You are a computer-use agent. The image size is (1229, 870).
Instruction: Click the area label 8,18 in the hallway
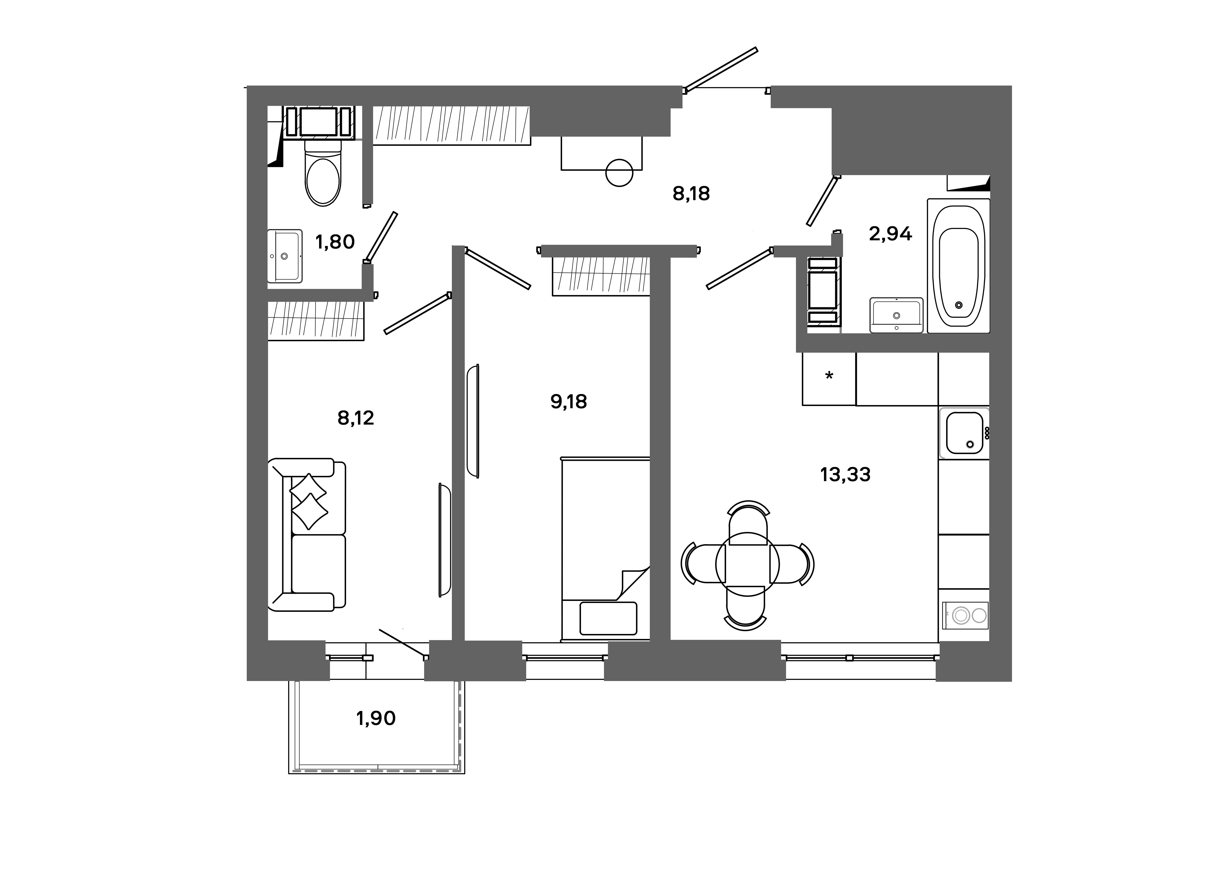(691, 193)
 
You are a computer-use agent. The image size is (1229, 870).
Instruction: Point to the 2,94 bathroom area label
(890, 234)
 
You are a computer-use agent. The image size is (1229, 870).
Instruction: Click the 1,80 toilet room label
(335, 242)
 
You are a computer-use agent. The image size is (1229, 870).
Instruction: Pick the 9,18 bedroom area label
(569, 401)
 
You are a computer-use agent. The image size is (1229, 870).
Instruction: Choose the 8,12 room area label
(355, 418)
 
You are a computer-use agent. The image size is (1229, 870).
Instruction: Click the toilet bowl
(323, 177)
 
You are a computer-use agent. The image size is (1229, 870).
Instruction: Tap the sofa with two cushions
(308, 534)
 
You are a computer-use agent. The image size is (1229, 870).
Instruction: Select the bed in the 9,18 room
(605, 549)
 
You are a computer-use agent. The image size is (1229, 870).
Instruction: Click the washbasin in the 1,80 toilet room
(285, 256)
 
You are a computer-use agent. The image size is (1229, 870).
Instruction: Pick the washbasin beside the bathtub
(896, 315)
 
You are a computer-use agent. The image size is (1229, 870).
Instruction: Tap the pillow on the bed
(608, 618)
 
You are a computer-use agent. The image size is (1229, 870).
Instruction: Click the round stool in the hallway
(619, 173)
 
